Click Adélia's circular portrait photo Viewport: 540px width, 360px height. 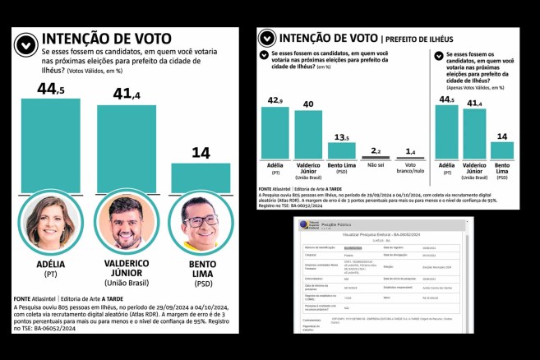coord(50,224)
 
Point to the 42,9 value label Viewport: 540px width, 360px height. coord(274,100)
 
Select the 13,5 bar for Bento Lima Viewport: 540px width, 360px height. coord(341,150)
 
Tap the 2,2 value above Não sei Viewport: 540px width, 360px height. coord(374,150)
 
